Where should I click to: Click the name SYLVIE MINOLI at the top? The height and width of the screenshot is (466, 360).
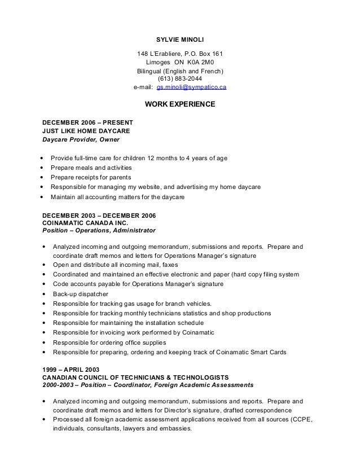click(180, 39)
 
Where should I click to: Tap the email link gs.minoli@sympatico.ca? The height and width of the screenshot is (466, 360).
click(192, 87)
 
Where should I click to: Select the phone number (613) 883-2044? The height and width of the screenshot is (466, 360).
click(180, 79)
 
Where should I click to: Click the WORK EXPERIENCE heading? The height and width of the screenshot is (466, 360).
click(180, 104)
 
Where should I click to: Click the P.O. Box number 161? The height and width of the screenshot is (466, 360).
click(217, 54)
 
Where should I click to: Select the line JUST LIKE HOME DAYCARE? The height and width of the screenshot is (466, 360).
click(82, 130)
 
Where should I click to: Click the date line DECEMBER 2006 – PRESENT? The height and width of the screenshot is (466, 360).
click(87, 122)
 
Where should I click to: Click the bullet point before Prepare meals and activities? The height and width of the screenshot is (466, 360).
click(43, 168)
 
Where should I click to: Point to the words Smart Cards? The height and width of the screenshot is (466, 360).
click(269, 352)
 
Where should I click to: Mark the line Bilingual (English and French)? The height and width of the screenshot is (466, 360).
click(180, 71)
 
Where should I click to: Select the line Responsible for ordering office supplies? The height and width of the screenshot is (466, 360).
click(109, 342)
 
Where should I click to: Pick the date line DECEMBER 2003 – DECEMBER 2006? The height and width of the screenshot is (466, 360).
click(99, 216)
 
